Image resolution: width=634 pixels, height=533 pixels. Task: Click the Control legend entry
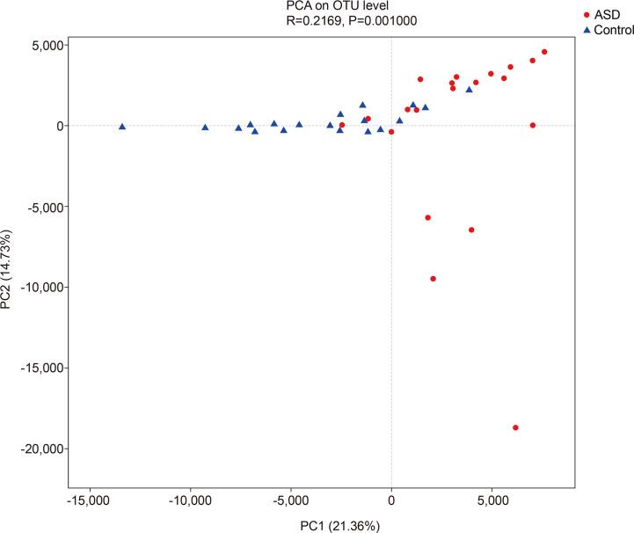click(608, 30)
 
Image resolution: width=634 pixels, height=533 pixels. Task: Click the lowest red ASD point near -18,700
click(515, 427)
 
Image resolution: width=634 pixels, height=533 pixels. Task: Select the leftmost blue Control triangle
click(122, 127)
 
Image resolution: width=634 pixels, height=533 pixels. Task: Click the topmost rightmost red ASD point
click(544, 52)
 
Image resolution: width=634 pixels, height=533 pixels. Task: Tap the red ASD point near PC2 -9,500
click(433, 279)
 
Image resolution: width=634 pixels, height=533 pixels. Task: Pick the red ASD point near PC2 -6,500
click(471, 230)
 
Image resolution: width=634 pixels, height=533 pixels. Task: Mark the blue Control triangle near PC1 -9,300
click(205, 128)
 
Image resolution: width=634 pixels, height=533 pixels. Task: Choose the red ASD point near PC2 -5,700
click(428, 217)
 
